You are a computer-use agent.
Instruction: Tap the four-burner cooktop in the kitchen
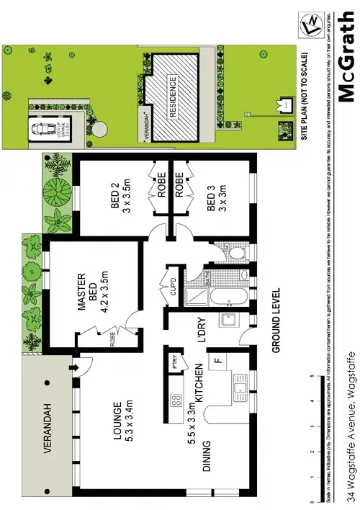[174, 400]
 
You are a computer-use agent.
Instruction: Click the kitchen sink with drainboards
[243, 390]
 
